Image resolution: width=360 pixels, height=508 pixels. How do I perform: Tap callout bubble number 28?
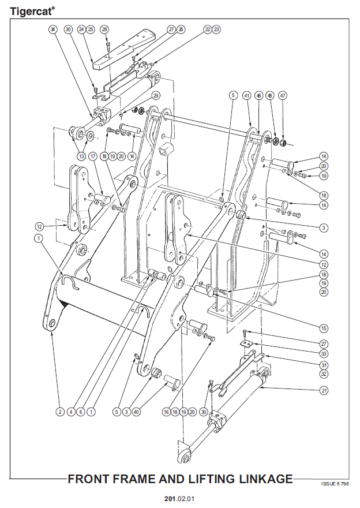[x=104, y=29]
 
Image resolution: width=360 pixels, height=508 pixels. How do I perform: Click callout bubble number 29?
[x=156, y=95]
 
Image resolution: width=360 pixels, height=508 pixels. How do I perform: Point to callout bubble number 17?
[x=92, y=156]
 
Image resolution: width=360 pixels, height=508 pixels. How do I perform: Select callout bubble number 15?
[x=324, y=328]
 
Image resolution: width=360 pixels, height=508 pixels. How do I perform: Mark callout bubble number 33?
[x=324, y=353]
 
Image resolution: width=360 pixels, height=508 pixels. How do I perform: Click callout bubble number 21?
[x=324, y=390]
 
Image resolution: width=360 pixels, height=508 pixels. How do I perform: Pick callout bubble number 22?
[x=207, y=29]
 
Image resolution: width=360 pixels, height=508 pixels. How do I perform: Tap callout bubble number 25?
[x=91, y=29]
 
